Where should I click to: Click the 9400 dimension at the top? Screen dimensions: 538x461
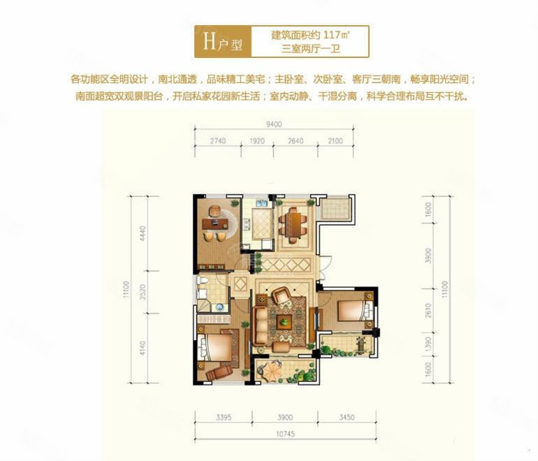274,124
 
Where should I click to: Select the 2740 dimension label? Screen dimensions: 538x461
218,140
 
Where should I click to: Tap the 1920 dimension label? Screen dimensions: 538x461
257,140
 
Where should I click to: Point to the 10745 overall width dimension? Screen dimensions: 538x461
286,434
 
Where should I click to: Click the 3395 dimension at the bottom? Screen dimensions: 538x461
224,417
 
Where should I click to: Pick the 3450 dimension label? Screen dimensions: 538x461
347,417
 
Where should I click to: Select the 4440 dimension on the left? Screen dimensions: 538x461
143,233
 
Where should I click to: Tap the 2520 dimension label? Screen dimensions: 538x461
143,292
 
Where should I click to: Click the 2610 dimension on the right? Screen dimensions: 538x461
428,310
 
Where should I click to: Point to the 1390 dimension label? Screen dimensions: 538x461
428,344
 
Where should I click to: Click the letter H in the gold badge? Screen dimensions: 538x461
210,41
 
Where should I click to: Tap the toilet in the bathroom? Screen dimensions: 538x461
202,281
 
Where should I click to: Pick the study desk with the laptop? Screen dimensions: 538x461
215,224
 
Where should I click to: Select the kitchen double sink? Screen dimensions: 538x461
261,203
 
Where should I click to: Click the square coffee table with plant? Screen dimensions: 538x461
284,322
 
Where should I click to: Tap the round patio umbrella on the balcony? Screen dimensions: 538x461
272,371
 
